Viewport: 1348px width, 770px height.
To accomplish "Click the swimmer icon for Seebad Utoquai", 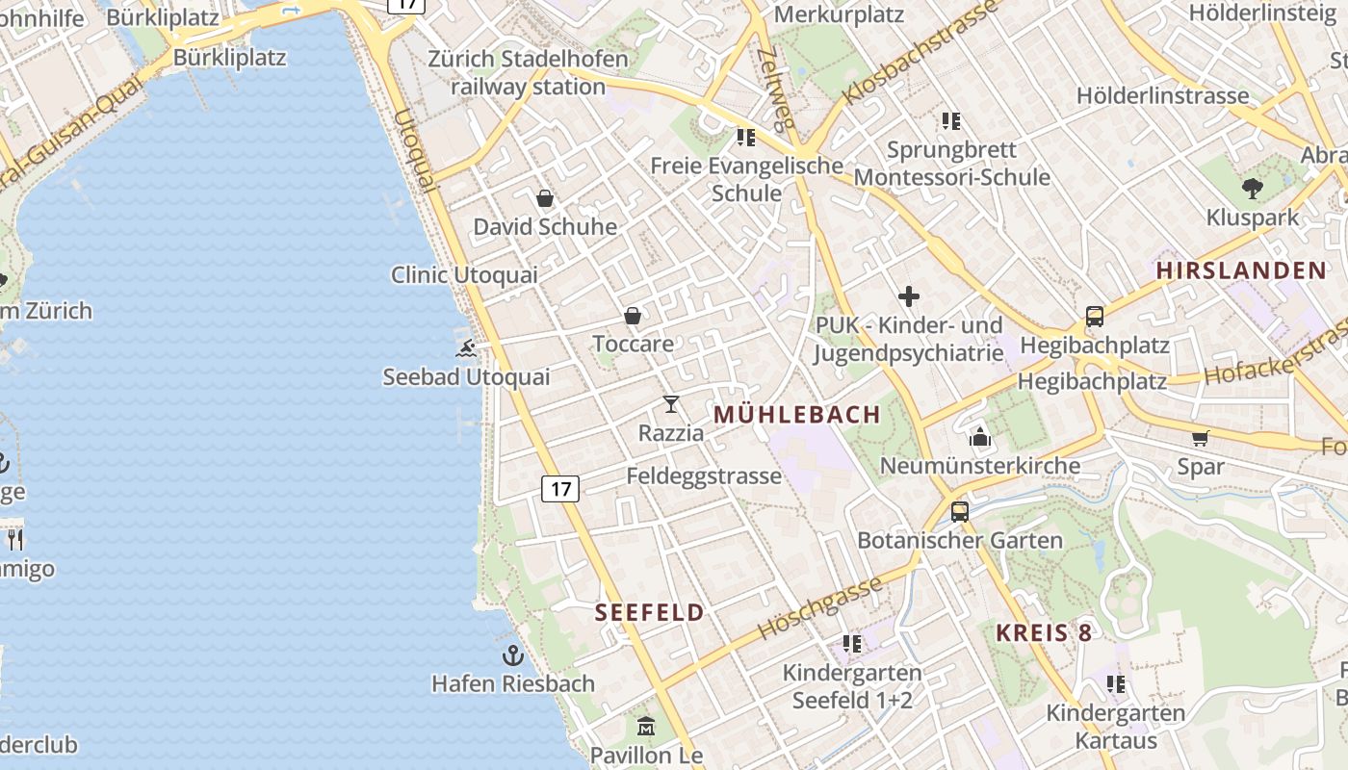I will point(466,348).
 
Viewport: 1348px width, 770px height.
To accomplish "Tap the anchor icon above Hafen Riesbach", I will point(513,656).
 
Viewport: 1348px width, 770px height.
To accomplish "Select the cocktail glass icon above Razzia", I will point(671,404).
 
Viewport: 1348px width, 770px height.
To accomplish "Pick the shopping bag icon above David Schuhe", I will point(545,198).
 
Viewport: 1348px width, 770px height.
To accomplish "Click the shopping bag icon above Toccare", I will point(633,316).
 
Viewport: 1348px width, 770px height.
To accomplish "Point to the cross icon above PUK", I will point(908,296).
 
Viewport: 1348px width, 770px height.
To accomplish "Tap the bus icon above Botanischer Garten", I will point(959,512).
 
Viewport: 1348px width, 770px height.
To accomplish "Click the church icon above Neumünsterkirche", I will point(980,438).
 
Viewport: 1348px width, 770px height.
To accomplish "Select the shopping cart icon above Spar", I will point(1200,439).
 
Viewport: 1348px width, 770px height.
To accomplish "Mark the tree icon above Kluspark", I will point(1252,189).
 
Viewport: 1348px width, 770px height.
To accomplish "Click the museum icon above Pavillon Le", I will point(646,727).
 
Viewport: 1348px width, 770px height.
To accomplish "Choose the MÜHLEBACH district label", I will point(797,415).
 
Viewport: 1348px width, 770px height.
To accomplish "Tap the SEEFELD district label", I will point(650,613).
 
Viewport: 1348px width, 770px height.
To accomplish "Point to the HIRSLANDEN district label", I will point(1242,270).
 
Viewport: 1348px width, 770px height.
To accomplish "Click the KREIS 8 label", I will point(1044,633).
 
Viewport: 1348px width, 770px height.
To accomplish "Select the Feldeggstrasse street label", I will point(704,476).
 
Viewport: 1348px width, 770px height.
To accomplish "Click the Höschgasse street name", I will point(819,608).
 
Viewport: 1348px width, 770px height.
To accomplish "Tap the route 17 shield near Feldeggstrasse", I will point(559,489).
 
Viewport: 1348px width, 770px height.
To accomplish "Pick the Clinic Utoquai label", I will point(464,275).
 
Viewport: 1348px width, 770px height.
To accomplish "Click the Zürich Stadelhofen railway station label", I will point(528,73).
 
